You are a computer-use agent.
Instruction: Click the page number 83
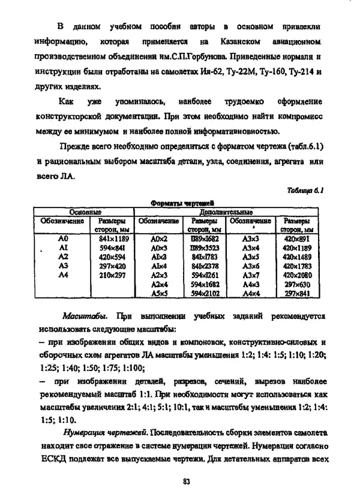click(187, 480)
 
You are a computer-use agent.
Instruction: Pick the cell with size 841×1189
click(111, 238)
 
